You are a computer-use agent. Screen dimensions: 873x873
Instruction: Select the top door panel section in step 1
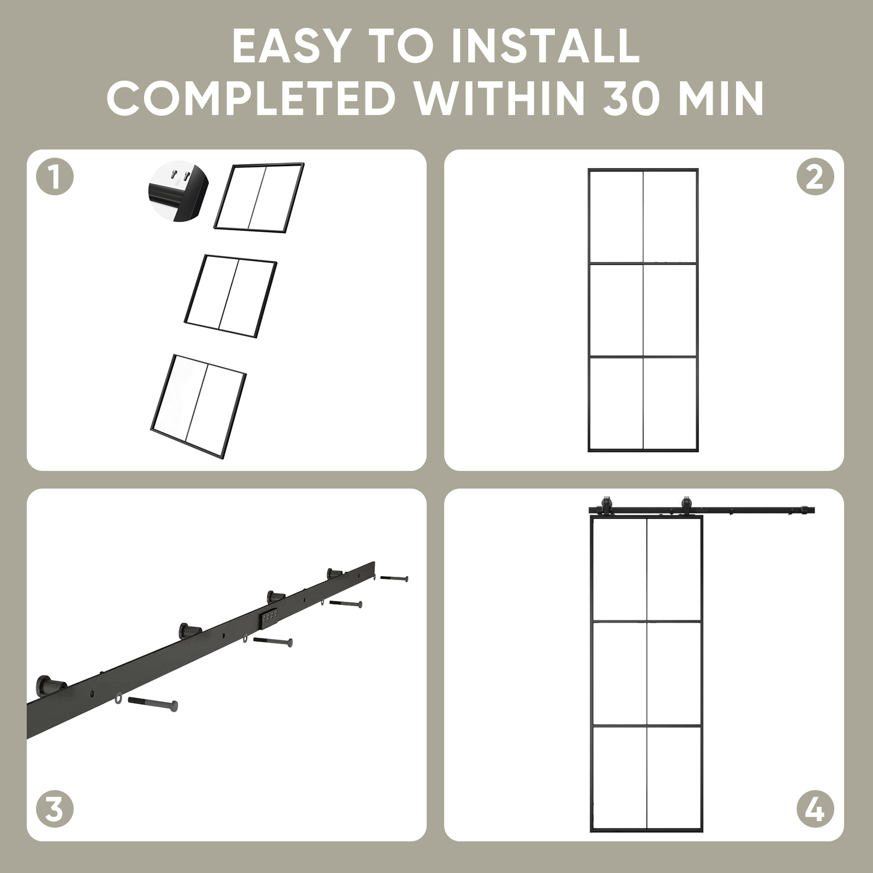pyautogui.click(x=259, y=198)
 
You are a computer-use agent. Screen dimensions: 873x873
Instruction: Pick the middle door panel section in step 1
pyautogui.click(x=231, y=296)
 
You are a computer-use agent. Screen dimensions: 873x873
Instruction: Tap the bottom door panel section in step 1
pyautogui.click(x=199, y=405)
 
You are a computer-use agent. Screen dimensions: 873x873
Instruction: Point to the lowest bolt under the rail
pyautogui.click(x=152, y=703)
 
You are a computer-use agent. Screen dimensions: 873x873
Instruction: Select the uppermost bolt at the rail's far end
pyautogui.click(x=394, y=578)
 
